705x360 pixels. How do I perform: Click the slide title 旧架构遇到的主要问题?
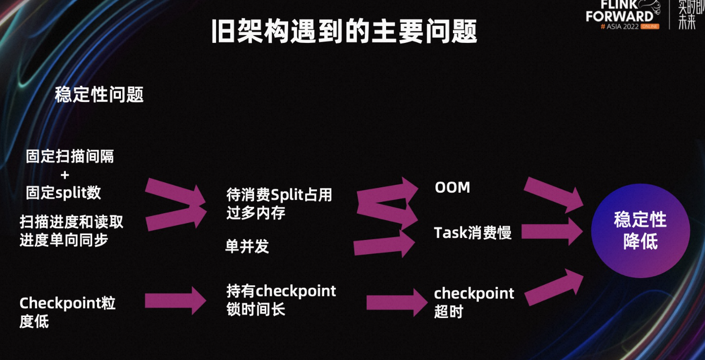(344, 31)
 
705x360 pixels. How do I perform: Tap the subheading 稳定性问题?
(99, 95)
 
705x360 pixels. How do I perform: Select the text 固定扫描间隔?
(70, 156)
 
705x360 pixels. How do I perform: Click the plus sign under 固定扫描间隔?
(65, 175)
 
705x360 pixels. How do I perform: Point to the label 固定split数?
(63, 193)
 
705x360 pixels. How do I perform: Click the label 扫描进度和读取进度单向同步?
(72, 231)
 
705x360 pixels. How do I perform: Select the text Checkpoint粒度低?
(67, 312)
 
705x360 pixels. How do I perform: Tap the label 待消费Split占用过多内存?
(279, 203)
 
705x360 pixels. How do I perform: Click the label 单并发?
(247, 246)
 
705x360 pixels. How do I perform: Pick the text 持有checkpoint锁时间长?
(281, 300)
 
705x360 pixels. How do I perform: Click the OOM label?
(452, 187)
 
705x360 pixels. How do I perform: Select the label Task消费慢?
(473, 233)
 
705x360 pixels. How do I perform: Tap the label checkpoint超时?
(474, 302)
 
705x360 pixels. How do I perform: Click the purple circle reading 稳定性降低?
(641, 231)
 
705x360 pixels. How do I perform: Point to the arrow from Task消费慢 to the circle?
(552, 232)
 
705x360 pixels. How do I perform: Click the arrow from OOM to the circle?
(553, 195)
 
